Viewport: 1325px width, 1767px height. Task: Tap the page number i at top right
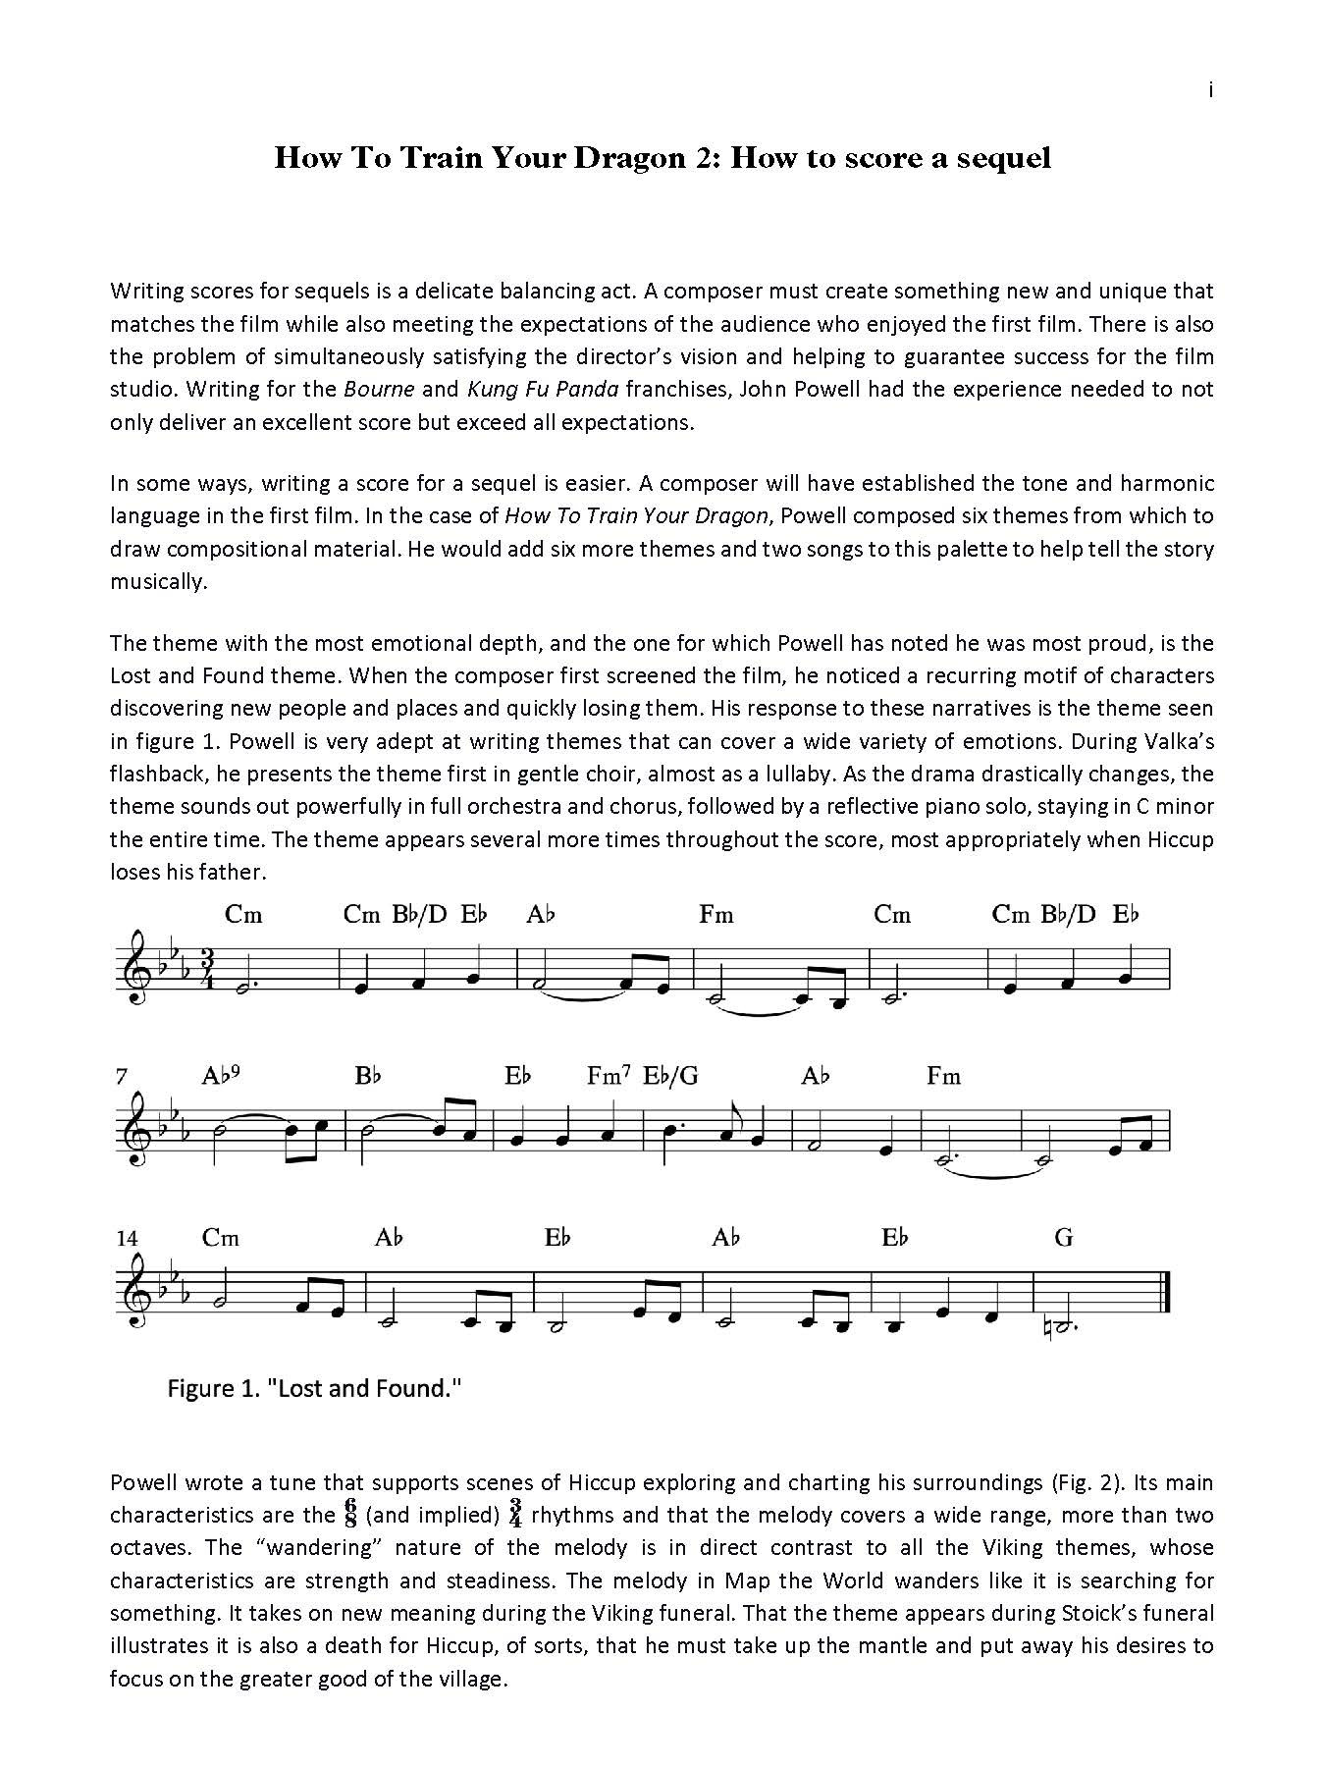click(1210, 90)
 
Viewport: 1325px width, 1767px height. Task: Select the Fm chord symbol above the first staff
click(716, 915)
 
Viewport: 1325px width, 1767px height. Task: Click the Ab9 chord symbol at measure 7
click(221, 1076)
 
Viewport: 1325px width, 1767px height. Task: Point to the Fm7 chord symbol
click(608, 1076)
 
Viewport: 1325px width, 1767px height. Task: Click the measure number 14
click(128, 1238)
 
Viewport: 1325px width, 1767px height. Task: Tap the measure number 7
click(121, 1077)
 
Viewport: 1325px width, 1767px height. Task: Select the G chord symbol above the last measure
click(1064, 1238)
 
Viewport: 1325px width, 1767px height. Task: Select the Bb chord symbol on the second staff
click(368, 1076)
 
